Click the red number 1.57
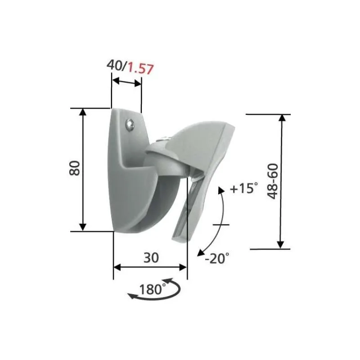140,68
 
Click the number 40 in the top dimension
115,65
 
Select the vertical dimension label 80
75,168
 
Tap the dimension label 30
151,257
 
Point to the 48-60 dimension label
273,181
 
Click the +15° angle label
243,188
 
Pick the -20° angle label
217,258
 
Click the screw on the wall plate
130,125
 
